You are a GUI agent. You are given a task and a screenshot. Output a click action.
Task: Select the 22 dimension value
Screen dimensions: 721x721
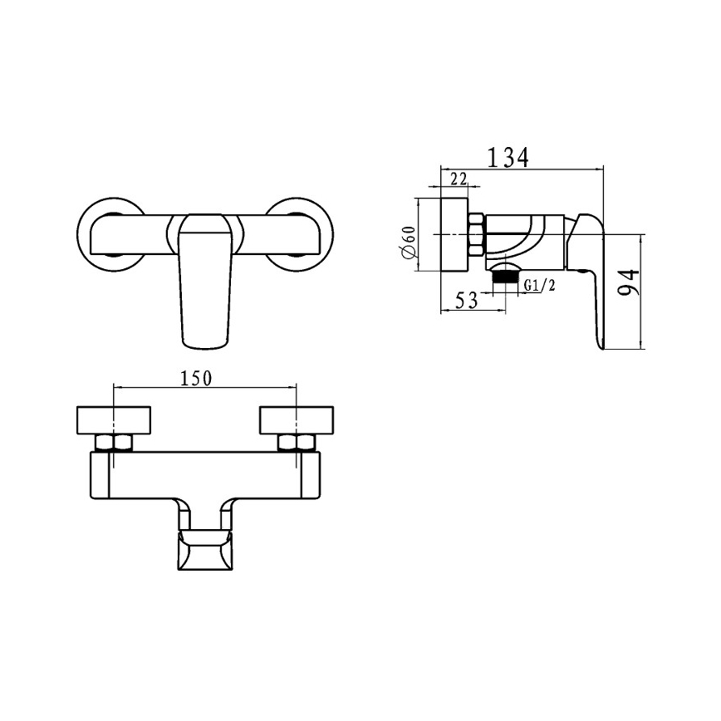458,179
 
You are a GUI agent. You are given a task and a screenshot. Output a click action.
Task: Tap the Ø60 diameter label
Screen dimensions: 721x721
409,246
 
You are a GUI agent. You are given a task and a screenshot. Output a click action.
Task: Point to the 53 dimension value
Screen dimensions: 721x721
467,300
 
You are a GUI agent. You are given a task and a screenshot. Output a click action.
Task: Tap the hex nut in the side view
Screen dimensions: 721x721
477,236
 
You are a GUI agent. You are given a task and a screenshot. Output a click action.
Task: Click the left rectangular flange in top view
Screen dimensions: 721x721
113,419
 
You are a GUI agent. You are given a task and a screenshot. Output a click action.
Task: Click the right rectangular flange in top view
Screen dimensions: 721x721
297,419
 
